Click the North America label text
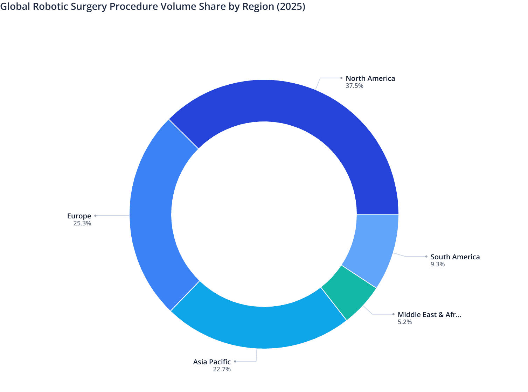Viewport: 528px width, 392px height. [370, 78]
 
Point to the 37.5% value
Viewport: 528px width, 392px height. [354, 86]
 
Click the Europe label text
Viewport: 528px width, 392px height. [79, 216]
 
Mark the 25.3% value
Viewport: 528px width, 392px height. [82, 224]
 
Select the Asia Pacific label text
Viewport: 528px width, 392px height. [212, 362]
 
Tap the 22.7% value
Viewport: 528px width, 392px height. [222, 370]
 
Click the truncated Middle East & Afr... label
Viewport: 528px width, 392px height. [429, 315]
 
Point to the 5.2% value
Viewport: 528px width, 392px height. [404, 322]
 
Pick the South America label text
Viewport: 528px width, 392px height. [455, 257]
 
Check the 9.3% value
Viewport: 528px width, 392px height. [437, 265]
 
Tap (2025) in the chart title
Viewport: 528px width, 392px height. [291, 7]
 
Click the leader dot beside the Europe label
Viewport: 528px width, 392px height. [95, 216]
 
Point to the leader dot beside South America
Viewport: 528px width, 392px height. [426, 257]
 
